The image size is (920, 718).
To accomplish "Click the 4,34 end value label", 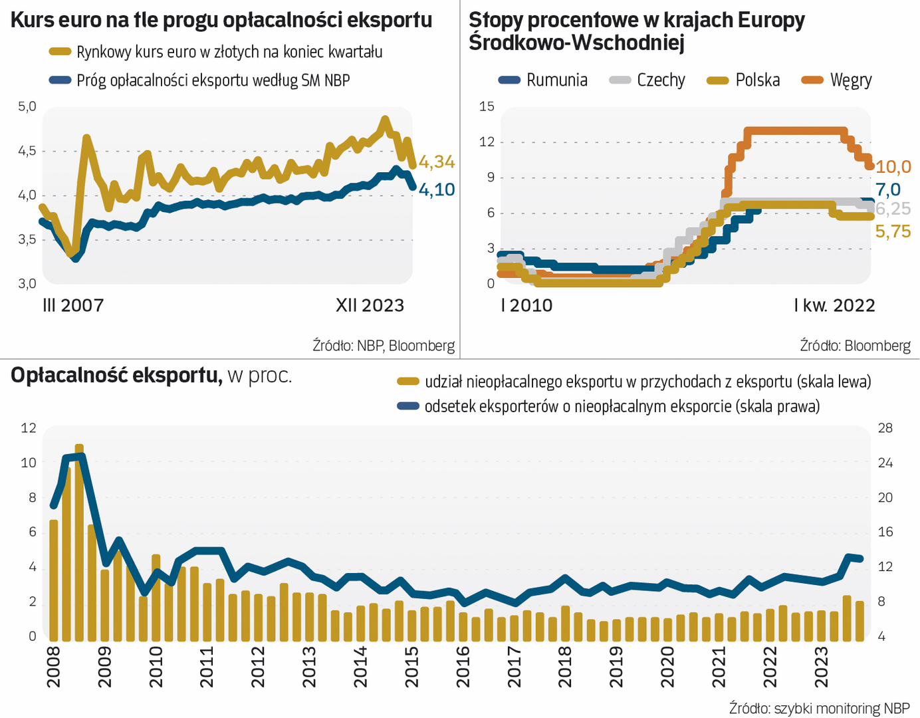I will coord(437,162).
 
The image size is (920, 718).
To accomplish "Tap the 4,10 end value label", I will coord(437,189).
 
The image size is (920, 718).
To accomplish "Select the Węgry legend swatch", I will coord(812,80).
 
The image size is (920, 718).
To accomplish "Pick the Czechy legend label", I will coord(661,80).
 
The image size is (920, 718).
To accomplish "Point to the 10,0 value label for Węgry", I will coord(893,167).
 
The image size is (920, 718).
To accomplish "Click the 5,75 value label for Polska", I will coord(893,231).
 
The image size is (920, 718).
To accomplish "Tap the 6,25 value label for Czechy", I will coord(893,209).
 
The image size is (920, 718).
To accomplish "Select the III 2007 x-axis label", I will coord(73,305).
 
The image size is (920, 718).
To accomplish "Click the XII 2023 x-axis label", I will coord(370,305).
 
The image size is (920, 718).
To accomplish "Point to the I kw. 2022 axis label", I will coord(834,305).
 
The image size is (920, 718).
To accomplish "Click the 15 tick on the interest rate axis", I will coord(487,106).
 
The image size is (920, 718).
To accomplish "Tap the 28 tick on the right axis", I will coord(885,428).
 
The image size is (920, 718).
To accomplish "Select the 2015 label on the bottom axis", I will coord(411,667).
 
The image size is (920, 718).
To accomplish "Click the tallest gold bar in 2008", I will coord(79,542).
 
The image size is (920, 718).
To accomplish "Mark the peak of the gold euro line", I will coord(384,120).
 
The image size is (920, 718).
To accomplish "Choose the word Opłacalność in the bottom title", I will coord(71,376).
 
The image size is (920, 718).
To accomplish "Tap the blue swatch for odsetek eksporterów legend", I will coord(408,406).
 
